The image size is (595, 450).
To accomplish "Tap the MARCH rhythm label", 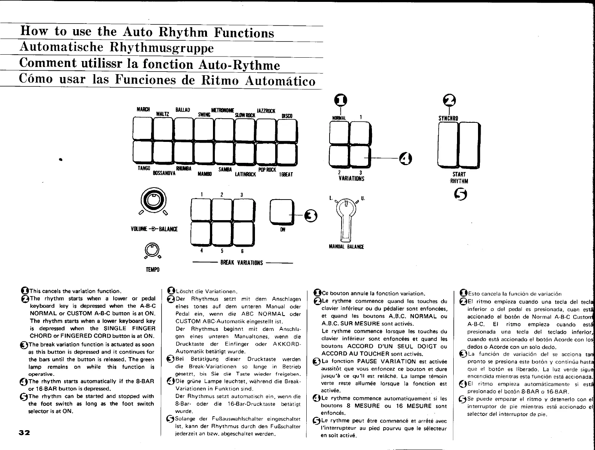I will click(x=143, y=109).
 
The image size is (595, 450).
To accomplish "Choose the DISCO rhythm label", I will click(x=287, y=116).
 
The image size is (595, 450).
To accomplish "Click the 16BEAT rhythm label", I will click(x=286, y=175).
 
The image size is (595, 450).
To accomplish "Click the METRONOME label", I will click(x=223, y=110).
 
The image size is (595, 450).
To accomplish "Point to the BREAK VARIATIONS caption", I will click(x=242, y=263).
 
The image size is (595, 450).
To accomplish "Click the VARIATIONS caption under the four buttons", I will click(x=351, y=179).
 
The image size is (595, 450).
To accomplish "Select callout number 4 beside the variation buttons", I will click(x=405, y=159).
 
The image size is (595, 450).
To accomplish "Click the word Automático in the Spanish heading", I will click(x=280, y=81).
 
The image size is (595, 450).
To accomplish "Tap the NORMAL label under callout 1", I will click(x=339, y=118).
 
